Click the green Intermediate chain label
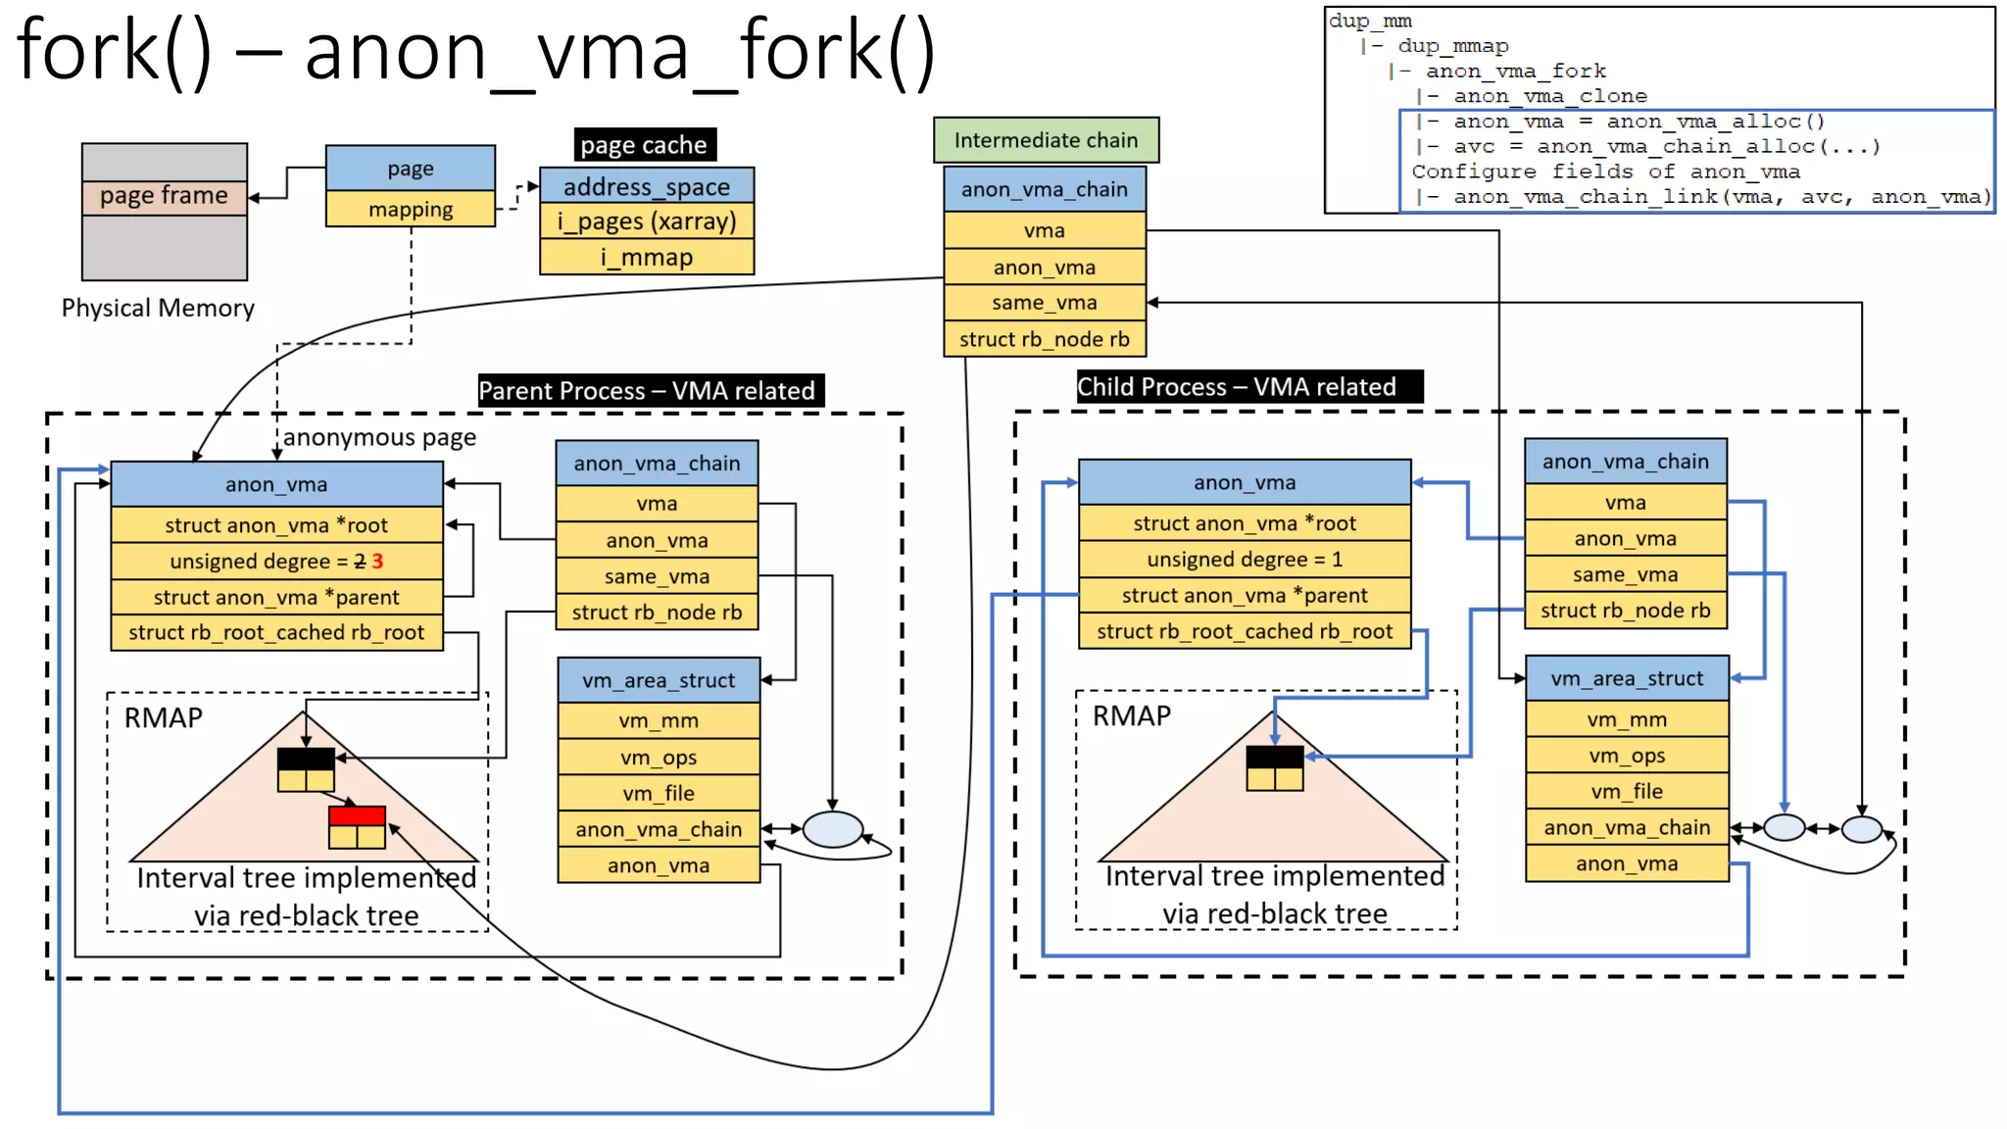coord(1046,140)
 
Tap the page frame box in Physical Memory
coord(164,196)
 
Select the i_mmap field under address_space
coord(647,258)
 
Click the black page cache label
coord(644,145)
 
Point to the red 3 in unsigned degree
coord(377,562)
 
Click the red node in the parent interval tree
coord(357,815)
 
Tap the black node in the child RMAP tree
coord(1274,757)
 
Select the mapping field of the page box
coord(410,209)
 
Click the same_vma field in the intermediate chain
coord(1044,303)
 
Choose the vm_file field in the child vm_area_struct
coord(1626,791)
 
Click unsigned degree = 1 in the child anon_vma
coord(1244,560)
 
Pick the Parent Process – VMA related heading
coord(647,391)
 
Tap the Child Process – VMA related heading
coord(1237,387)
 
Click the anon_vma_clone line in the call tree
coord(1548,96)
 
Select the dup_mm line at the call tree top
coord(1370,21)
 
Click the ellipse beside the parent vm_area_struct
coord(832,830)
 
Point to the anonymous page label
coord(379,437)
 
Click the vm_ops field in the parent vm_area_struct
coord(658,758)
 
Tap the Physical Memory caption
coord(158,308)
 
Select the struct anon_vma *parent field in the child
coord(1244,596)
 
